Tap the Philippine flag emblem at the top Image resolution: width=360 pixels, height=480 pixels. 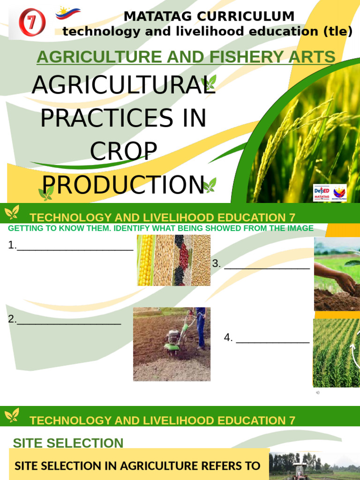(68, 14)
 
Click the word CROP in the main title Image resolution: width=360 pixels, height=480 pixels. (123, 151)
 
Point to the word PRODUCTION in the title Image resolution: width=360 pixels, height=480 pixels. (123, 185)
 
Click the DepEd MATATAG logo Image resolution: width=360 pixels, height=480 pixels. (322, 193)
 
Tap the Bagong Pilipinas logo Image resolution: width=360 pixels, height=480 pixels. (339, 193)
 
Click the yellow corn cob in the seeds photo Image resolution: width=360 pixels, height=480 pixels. (146, 260)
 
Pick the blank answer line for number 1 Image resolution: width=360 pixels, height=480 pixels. (75, 248)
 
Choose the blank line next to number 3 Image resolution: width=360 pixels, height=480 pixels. (267, 267)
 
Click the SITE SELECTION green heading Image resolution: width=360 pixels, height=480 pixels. (68, 443)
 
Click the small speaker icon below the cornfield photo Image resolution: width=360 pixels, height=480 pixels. (318, 392)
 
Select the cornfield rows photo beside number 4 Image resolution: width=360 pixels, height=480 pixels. (336, 352)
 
